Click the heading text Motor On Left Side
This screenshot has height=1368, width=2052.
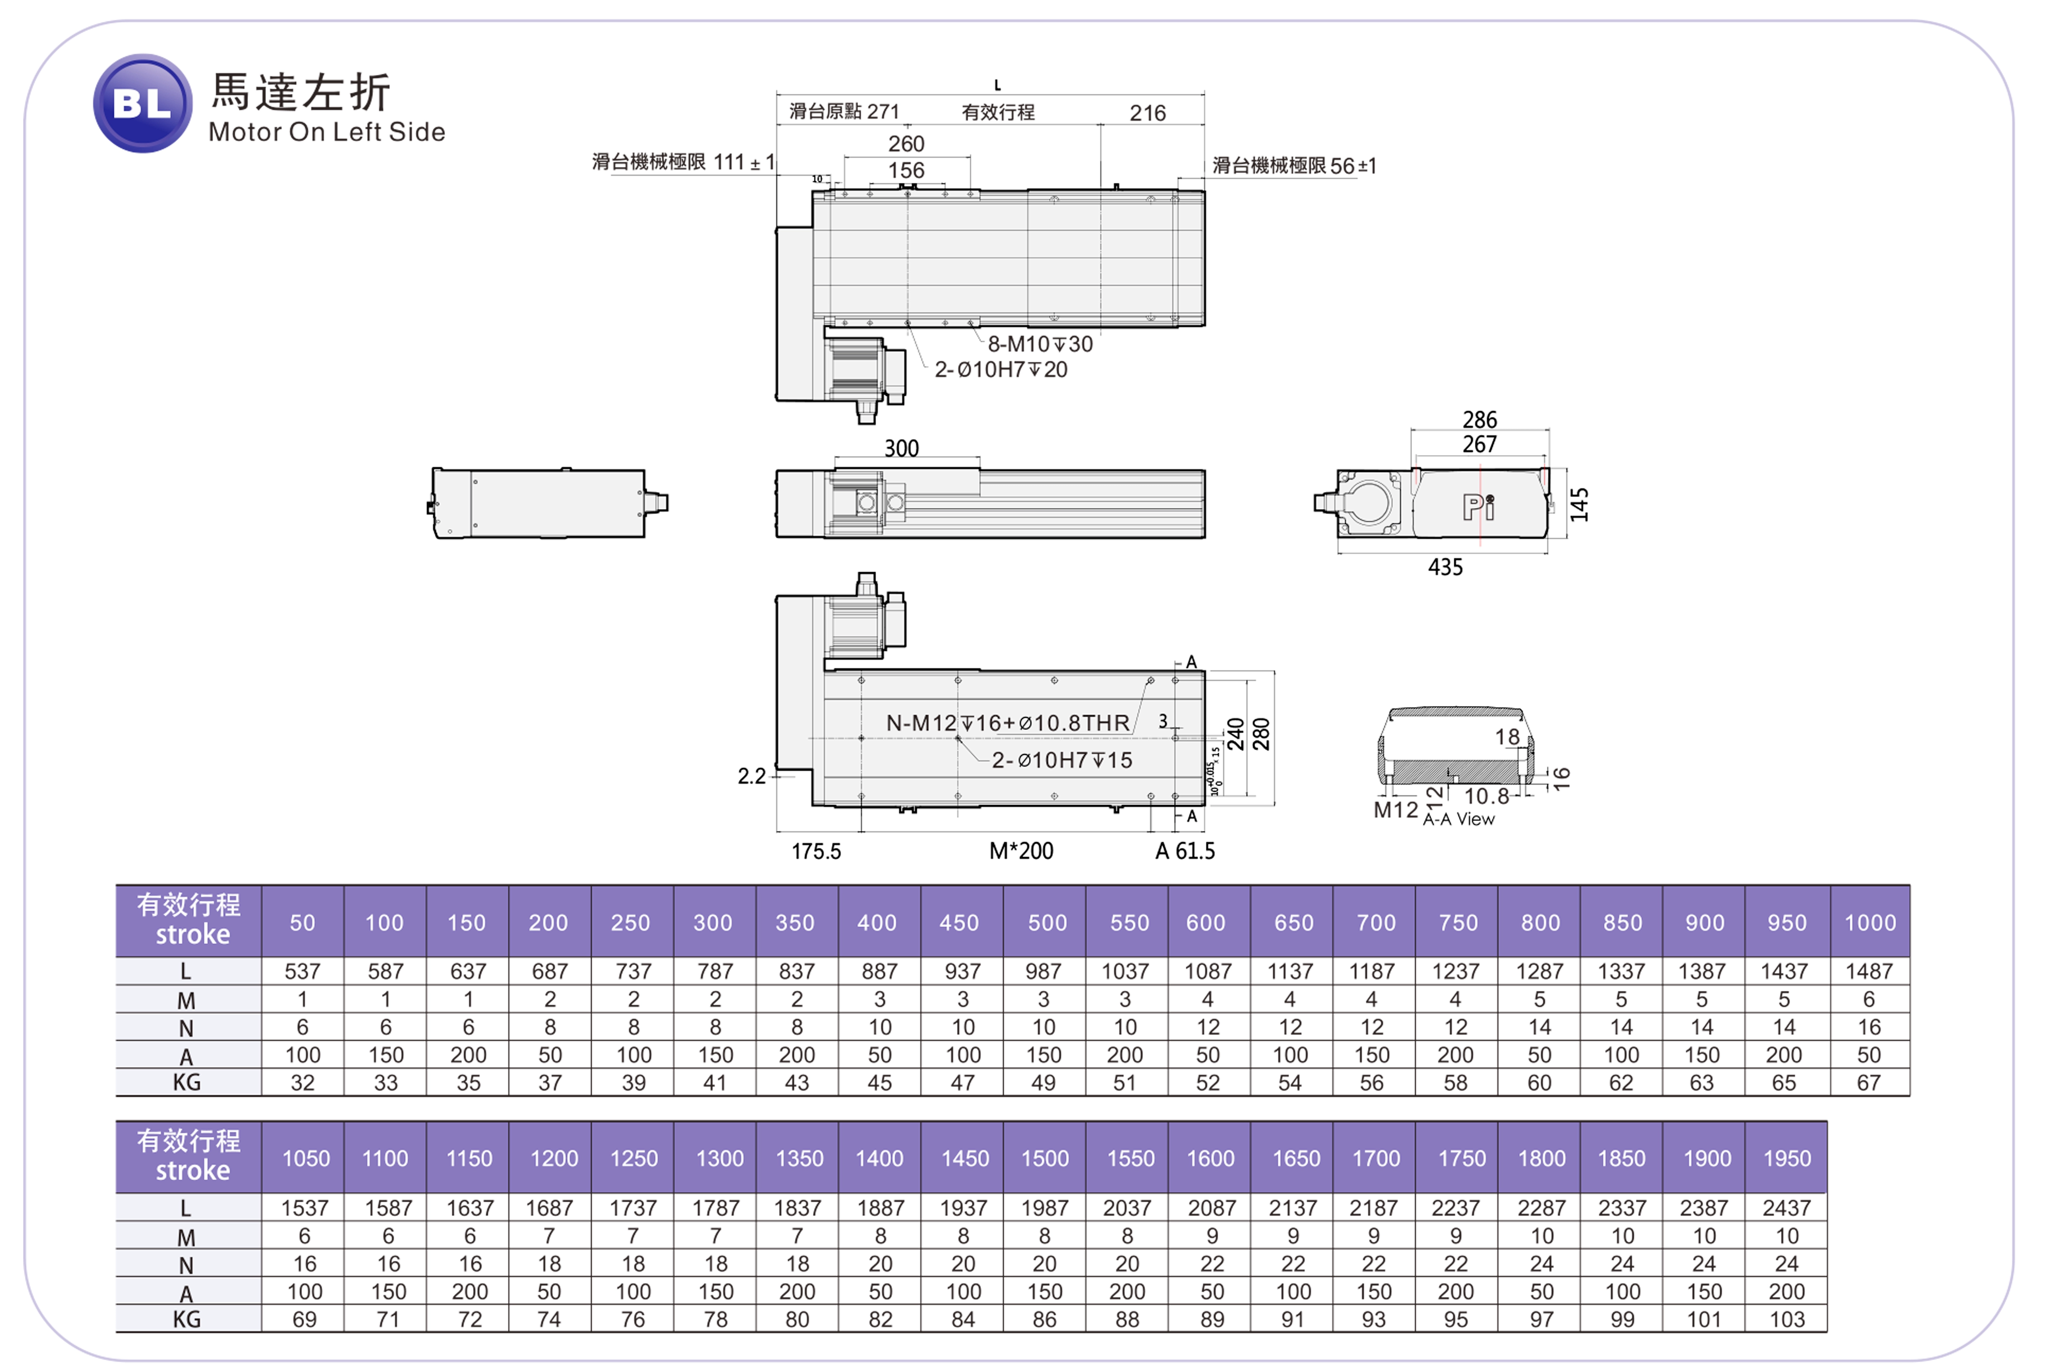327,132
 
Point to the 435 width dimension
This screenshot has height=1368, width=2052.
1445,567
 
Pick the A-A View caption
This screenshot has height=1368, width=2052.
1459,818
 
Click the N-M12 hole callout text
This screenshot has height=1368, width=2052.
1008,723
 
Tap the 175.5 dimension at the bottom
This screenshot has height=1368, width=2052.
816,851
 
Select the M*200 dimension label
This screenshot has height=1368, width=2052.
1021,851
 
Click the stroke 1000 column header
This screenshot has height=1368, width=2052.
1870,922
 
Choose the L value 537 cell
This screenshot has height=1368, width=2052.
303,971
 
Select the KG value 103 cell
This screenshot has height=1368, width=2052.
1787,1319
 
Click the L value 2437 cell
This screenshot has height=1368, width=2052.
1787,1207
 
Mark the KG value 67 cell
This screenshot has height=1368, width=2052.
1869,1083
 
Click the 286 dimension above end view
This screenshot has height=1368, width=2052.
1480,419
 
